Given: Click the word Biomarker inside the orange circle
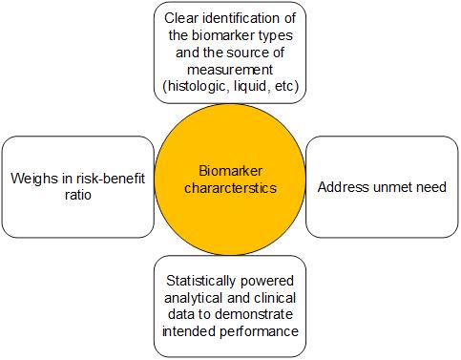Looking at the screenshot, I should click(x=229, y=171).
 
